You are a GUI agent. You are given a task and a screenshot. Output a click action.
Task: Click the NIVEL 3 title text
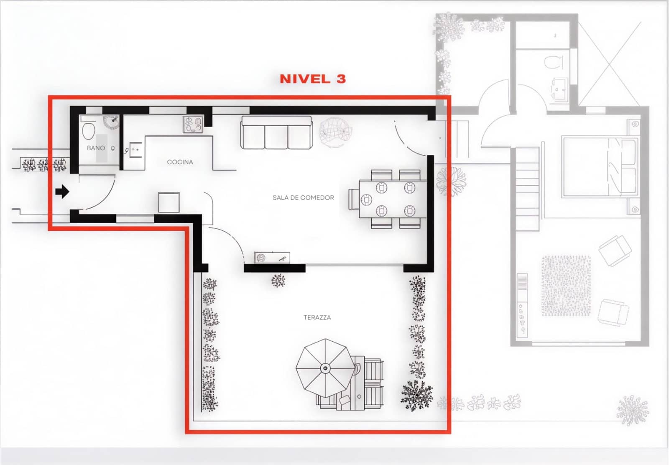[313, 79]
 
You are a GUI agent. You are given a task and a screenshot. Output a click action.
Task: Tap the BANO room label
[96, 148]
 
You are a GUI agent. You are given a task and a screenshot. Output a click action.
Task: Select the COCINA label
[180, 162]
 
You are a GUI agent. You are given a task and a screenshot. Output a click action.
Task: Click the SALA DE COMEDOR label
[303, 197]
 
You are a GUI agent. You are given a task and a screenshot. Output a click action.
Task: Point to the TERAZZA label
[317, 317]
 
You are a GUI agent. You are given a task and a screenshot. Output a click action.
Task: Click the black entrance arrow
[62, 192]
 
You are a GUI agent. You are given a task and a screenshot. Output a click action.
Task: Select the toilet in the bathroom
[88, 131]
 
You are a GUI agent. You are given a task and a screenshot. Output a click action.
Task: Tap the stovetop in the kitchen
[193, 124]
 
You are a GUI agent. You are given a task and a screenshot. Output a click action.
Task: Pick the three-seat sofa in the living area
[276, 133]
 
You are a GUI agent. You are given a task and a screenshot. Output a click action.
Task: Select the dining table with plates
[393, 199]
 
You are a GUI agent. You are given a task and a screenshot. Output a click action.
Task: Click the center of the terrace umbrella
[325, 368]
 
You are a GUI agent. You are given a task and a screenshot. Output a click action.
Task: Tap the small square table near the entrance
[169, 202]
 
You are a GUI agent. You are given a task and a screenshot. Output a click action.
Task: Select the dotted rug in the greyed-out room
[566, 286]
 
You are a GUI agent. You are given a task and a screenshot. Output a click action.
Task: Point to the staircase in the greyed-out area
[528, 188]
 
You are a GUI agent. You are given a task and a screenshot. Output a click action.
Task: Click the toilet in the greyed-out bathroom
[553, 62]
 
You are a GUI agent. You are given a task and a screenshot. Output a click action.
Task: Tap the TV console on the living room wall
[272, 258]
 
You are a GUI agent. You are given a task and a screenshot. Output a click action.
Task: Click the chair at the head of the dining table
[353, 199]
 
